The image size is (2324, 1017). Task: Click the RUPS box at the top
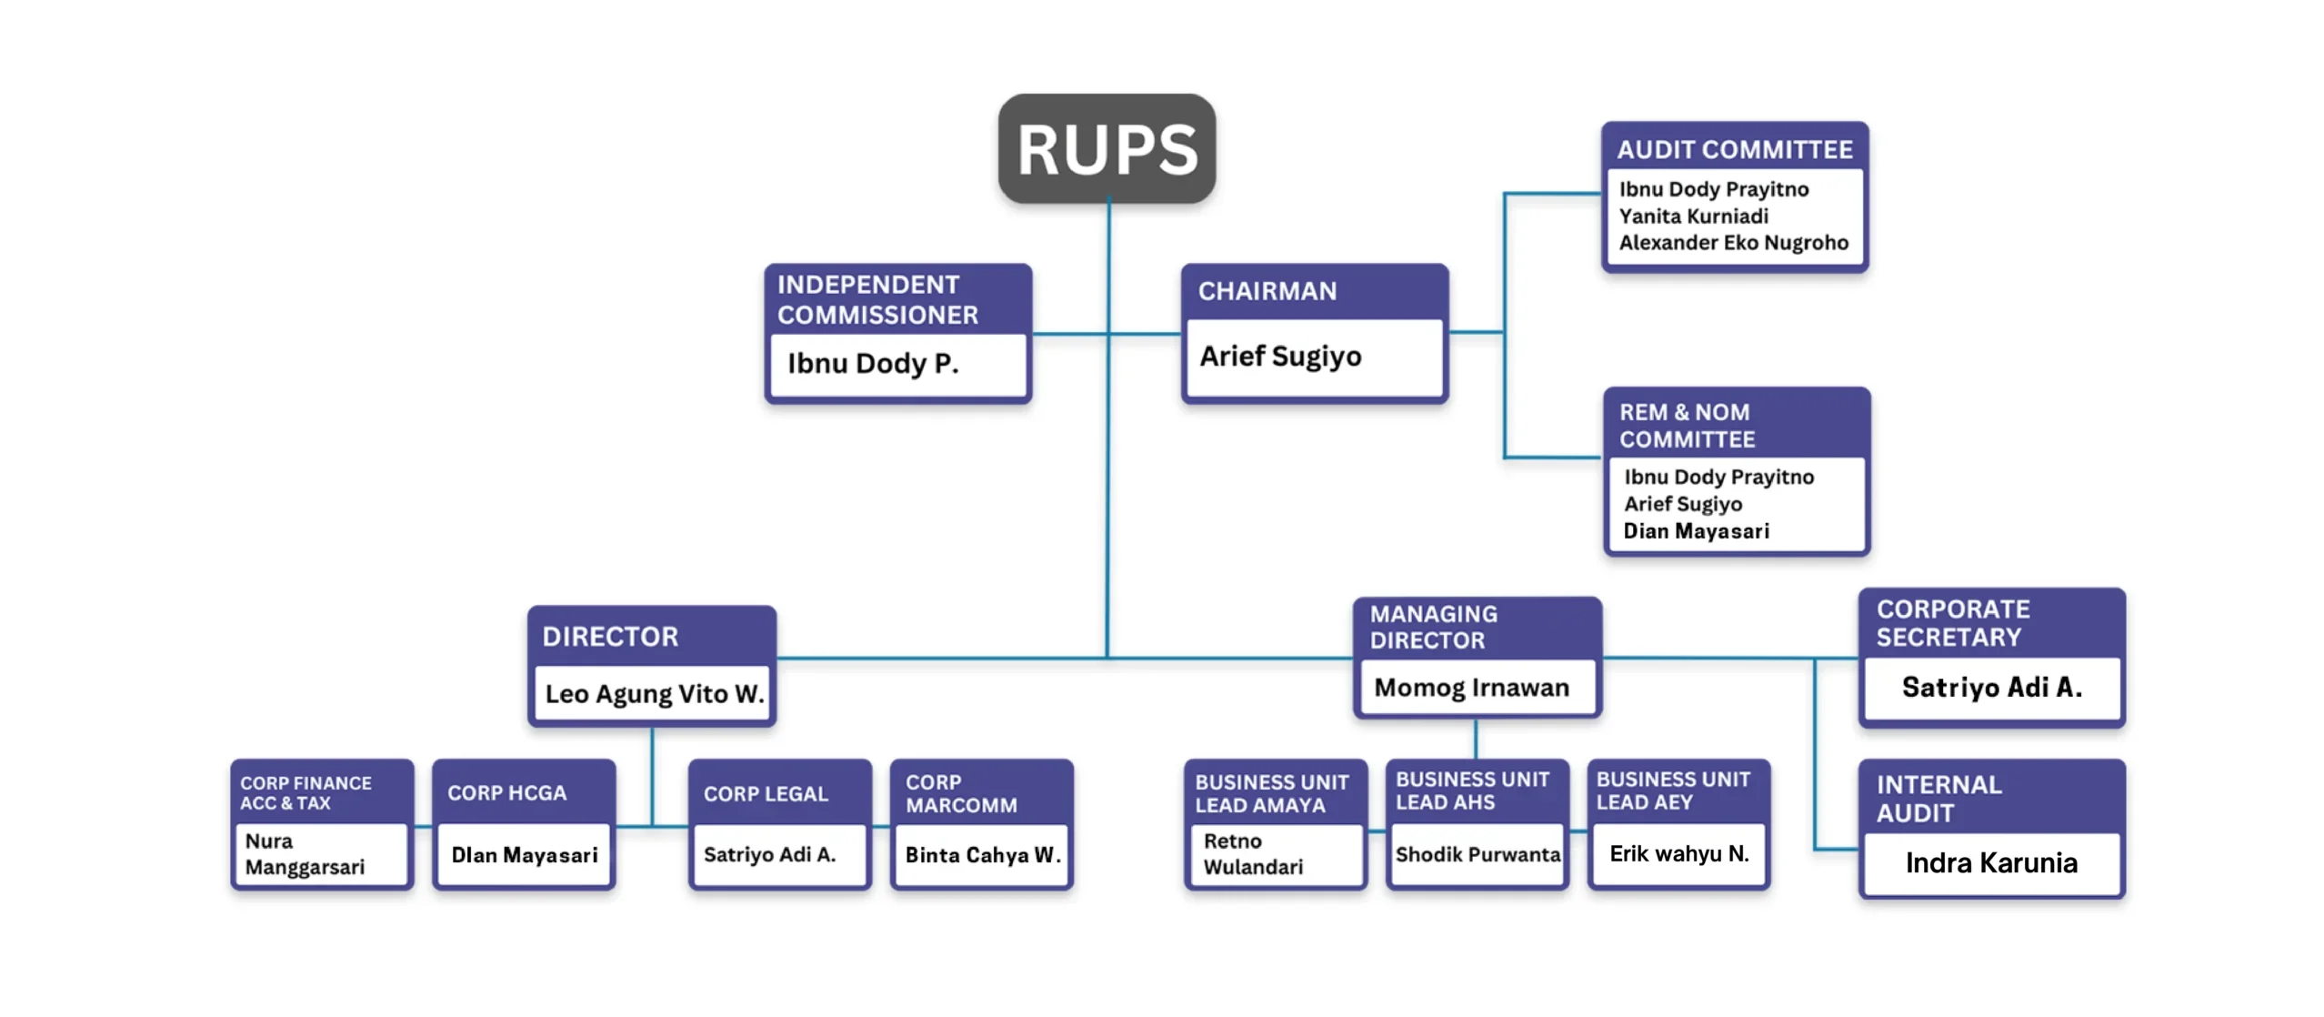[x=1107, y=149]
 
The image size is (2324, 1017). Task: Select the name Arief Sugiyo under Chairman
[x=1280, y=357]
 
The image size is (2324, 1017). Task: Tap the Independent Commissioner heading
[x=877, y=299]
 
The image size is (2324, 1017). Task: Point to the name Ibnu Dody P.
[x=872, y=364]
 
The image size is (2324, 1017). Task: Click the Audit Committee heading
[x=1734, y=150]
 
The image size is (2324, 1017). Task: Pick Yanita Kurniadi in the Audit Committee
[x=1693, y=216]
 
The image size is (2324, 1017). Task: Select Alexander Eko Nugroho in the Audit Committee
[x=1733, y=243]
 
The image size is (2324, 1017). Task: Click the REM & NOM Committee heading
[x=1687, y=426]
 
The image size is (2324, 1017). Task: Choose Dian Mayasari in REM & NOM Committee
[x=1696, y=531]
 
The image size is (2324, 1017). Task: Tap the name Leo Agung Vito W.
[x=654, y=694]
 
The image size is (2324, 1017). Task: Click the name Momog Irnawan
[x=1471, y=688]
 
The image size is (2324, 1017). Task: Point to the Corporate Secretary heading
[x=1952, y=623]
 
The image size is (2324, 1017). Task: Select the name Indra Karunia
[x=1990, y=862]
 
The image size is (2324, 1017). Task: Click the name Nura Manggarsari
[x=305, y=854]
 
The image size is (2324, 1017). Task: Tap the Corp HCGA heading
[x=506, y=793]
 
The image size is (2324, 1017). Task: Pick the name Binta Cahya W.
[x=982, y=855]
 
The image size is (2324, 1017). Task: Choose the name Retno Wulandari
[x=1253, y=854]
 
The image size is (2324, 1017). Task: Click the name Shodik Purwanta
[x=1478, y=855]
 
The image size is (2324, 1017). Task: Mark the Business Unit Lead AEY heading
[x=1672, y=790]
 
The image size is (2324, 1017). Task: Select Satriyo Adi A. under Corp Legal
[x=769, y=855]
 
